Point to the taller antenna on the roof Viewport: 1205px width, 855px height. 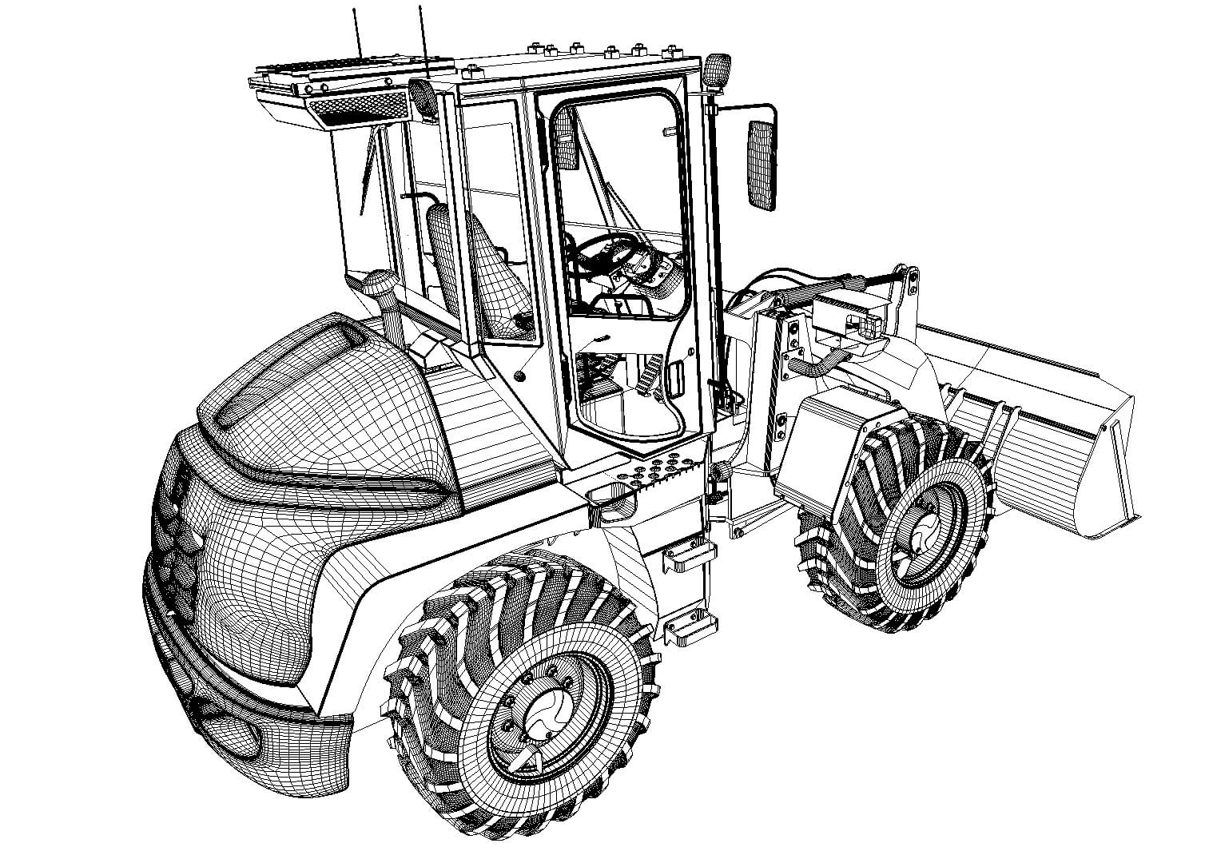(x=357, y=32)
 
